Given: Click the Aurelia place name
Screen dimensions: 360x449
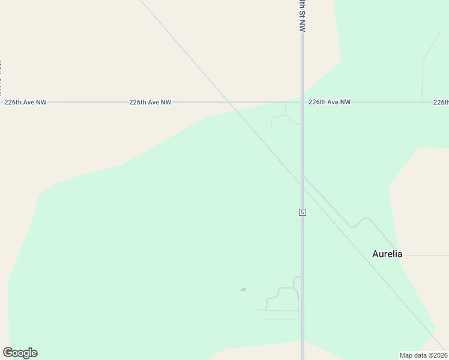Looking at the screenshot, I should pos(387,254).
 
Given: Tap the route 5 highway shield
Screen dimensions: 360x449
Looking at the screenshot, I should pos(303,212).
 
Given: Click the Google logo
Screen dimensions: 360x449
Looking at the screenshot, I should pos(20,353).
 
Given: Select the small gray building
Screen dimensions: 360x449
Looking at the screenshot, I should pos(243,290).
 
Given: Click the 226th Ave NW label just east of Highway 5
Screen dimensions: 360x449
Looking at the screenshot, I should pos(330,103).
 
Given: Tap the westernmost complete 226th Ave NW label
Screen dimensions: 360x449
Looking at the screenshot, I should pos(25,103).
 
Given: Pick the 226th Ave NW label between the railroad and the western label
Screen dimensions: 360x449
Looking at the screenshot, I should pos(150,103).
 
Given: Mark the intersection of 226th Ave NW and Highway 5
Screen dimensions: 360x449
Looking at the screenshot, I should pos(303,103).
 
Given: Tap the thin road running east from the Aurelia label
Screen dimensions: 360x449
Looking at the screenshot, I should pos(426,255).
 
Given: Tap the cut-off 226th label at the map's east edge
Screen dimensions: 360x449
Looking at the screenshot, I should pos(441,103).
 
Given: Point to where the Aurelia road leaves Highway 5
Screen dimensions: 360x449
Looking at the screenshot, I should pos(304,176).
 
